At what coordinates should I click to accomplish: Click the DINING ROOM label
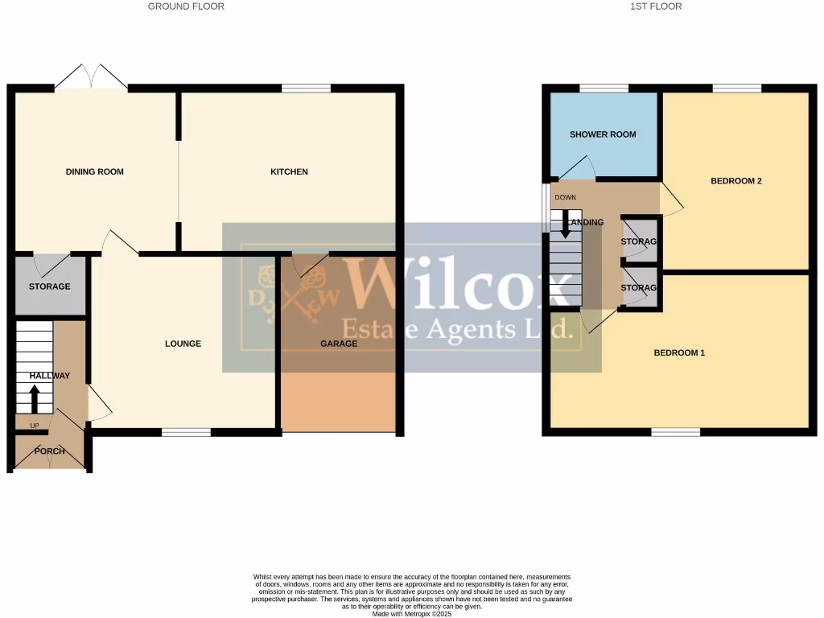coord(95,171)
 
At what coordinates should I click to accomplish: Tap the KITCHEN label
coord(289,171)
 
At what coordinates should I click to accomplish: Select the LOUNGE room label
coord(183,344)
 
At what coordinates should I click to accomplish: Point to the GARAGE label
coord(339,344)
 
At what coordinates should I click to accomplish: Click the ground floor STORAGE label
coord(50,286)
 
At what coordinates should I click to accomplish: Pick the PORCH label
coord(50,451)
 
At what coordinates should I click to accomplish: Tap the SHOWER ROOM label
coord(603,134)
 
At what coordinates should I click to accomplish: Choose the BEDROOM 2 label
coord(735,181)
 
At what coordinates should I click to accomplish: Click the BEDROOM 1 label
coord(679,352)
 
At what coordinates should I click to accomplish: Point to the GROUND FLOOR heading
coord(186,6)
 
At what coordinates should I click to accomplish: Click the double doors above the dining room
coord(92,78)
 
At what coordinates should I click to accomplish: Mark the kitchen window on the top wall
coord(306,88)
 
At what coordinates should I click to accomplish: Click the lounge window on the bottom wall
coord(186,433)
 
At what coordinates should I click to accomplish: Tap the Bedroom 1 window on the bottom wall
coord(675,433)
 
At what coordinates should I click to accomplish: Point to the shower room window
coord(604,88)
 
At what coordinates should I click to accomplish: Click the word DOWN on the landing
coord(565,197)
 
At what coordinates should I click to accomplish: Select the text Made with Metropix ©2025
coord(412,614)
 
